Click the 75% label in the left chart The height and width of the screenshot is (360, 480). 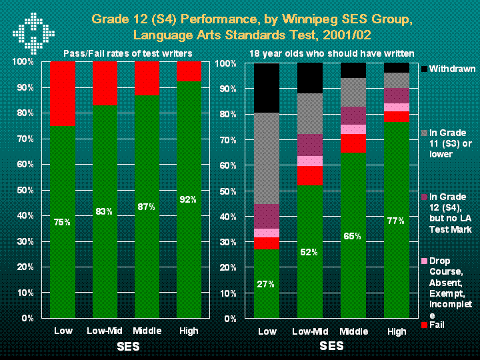click(x=62, y=222)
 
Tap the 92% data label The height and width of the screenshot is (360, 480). click(x=188, y=199)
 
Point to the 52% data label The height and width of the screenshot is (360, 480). click(x=309, y=252)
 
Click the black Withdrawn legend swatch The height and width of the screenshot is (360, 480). click(x=425, y=69)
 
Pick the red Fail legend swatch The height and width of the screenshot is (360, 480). click(x=425, y=325)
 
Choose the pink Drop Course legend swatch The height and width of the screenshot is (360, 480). click(x=425, y=261)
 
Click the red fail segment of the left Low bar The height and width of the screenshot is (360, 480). click(x=62, y=93)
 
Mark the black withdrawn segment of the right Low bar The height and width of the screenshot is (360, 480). click(x=267, y=88)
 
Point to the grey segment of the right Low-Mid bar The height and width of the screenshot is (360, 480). click(x=309, y=113)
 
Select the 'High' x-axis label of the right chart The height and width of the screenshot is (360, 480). click(x=396, y=331)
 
